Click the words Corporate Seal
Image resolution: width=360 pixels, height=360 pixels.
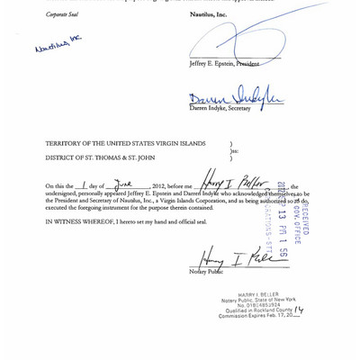click(61, 14)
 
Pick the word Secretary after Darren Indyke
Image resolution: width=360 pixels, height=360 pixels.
click(238, 108)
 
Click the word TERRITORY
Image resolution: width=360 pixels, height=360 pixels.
click(66, 143)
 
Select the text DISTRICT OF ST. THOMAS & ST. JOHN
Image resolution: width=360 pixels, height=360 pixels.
click(106, 157)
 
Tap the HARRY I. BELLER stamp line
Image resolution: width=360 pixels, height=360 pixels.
click(257, 294)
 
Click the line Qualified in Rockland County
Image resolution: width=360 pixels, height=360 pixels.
click(259, 310)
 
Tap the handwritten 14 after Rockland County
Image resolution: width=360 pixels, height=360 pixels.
click(299, 310)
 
